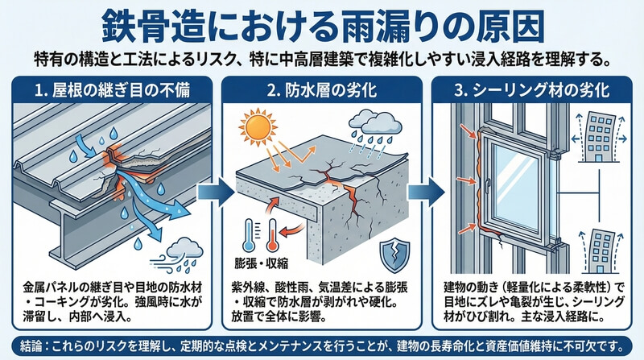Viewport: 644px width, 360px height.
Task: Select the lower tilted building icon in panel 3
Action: point(600,246)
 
